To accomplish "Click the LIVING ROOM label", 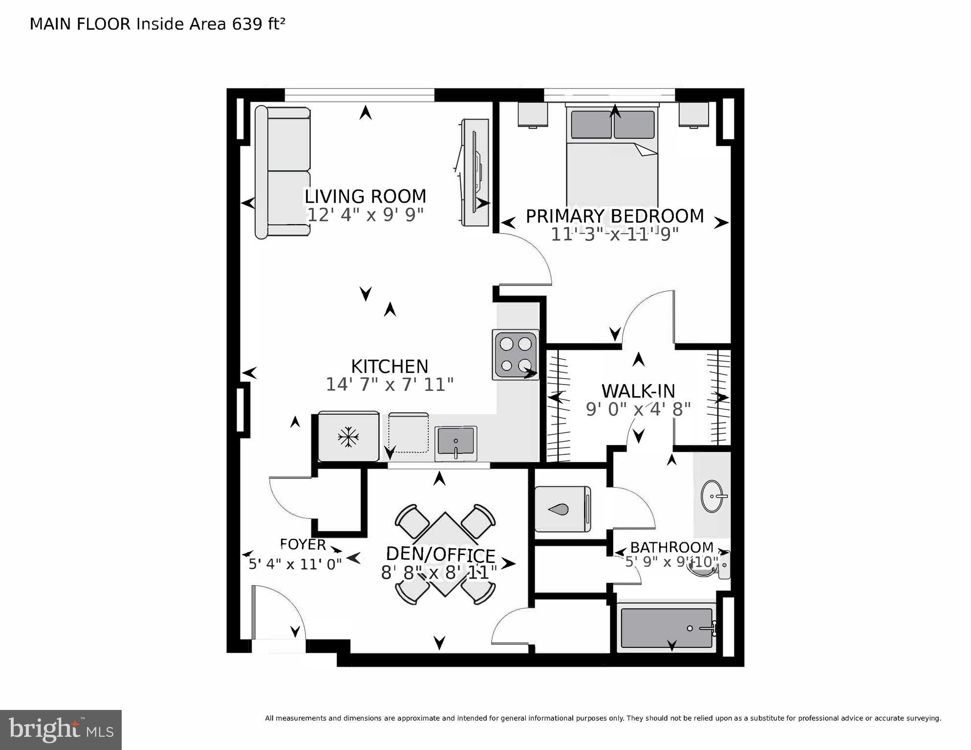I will coord(366,196).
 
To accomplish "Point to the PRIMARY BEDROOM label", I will coord(615,216).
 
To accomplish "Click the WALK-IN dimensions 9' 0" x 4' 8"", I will coord(638,409).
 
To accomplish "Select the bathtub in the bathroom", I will coord(666,628).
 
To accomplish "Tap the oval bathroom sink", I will coord(713,496).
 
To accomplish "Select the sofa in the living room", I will coord(282,172).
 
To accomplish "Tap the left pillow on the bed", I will coord(591,125).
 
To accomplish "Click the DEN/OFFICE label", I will coord(440,555).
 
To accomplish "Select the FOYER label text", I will coord(302,544).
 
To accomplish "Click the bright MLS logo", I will coord(61,730).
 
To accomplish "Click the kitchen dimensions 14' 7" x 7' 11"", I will coord(389,385).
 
